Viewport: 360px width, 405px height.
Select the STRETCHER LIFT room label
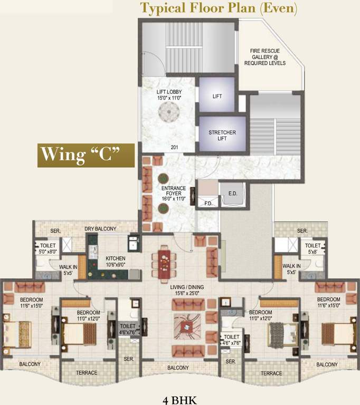(x=222, y=136)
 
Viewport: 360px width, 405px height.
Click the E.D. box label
(x=232, y=193)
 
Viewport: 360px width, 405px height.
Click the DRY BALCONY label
(x=101, y=229)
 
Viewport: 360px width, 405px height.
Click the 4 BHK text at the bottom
(x=179, y=400)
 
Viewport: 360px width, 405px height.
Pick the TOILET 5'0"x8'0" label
(x=48, y=248)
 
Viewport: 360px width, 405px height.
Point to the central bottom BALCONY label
(x=178, y=368)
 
